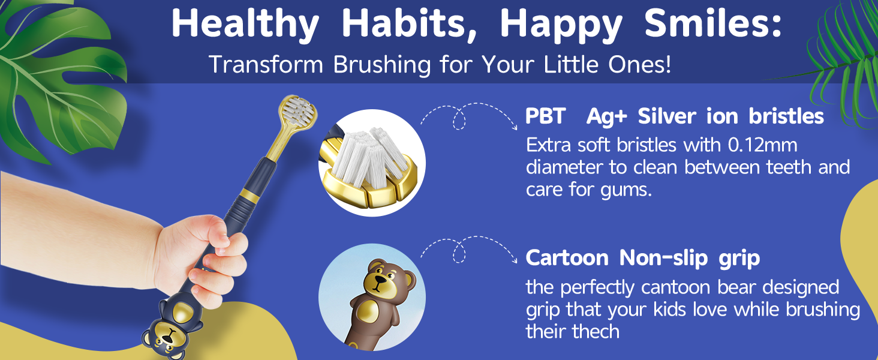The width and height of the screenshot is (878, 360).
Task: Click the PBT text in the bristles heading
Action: (x=546, y=116)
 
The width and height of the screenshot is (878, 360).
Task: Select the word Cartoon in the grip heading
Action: (x=567, y=258)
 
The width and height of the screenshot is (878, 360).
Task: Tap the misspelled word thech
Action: (x=590, y=331)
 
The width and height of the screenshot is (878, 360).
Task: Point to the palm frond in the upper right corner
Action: (x=846, y=54)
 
